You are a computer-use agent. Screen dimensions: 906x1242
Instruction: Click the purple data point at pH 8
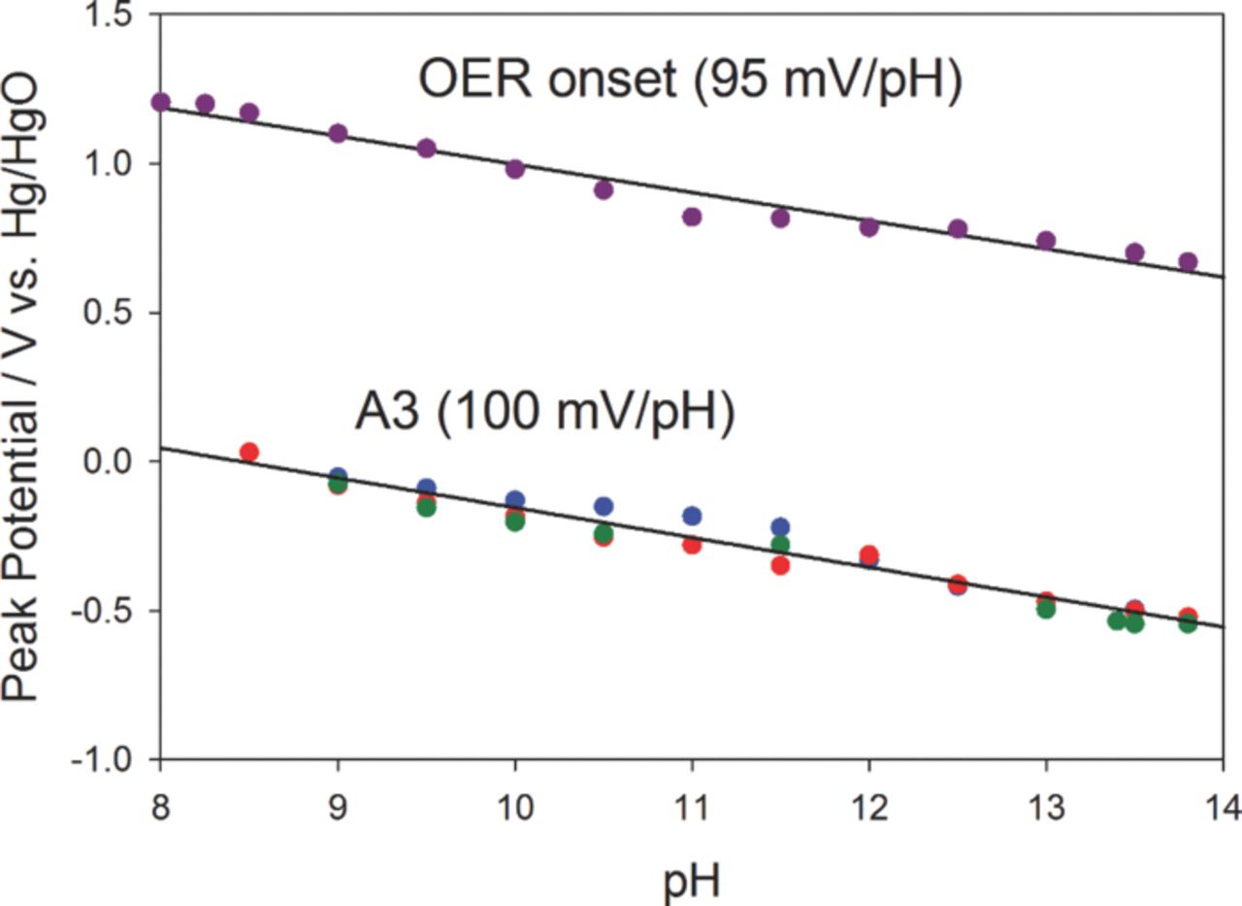(x=161, y=102)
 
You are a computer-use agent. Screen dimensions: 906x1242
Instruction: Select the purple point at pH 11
(x=692, y=217)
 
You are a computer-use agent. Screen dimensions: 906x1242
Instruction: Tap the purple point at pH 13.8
(x=1188, y=262)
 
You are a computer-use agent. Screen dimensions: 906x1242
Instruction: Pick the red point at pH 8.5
(x=249, y=453)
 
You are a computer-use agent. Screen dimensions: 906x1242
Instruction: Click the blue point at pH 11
(x=692, y=516)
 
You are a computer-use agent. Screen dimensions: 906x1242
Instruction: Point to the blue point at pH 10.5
(x=604, y=506)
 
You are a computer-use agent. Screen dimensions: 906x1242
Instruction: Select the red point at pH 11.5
(x=780, y=565)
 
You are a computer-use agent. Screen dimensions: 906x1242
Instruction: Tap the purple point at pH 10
(x=515, y=169)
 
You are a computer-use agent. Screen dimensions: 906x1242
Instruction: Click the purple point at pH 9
(x=338, y=133)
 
